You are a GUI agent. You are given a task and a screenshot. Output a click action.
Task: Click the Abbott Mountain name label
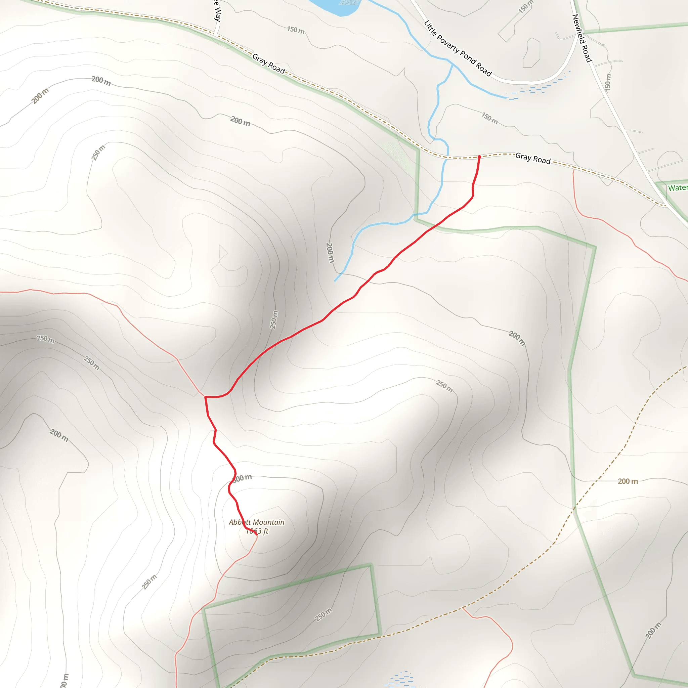point(256,522)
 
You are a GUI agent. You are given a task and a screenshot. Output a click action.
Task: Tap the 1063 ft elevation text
point(257,531)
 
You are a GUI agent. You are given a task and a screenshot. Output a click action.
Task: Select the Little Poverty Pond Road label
point(458,48)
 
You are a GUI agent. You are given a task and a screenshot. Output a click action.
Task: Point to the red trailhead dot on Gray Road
point(479,157)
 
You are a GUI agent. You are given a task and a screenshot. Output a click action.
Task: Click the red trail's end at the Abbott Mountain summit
point(256,534)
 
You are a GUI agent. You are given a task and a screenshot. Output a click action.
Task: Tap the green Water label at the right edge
point(677,188)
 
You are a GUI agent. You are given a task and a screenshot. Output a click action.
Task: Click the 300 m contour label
point(243,478)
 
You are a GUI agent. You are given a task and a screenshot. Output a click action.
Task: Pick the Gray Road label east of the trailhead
point(533,158)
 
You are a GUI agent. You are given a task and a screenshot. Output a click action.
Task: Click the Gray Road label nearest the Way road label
point(268,64)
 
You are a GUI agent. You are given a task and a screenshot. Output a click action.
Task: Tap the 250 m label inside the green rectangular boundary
point(324,615)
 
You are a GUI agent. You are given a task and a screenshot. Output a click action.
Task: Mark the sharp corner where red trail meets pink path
point(205,397)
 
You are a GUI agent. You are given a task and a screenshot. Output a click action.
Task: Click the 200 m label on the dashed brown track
point(628,481)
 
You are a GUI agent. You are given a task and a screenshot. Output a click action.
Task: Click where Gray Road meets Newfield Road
point(664,206)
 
